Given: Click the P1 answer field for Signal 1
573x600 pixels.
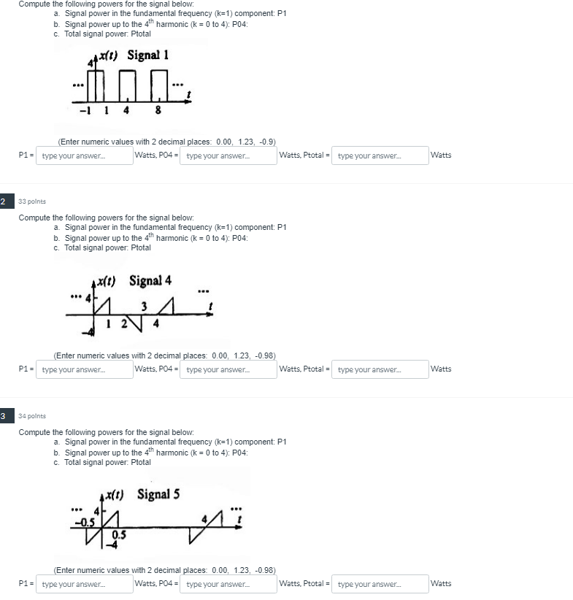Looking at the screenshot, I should tap(84, 155).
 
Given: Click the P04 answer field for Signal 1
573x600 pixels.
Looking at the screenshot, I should tap(228, 155).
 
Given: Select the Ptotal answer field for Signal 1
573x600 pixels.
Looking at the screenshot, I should tap(380, 155).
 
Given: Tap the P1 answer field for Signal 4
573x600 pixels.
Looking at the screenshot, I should tap(84, 369).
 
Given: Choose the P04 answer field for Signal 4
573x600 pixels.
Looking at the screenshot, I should tap(228, 369).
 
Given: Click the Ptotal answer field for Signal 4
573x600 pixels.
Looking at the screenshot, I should tap(380, 369).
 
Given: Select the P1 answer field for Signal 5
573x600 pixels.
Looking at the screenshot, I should tap(84, 584).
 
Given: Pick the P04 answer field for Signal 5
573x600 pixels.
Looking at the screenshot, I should tap(228, 584).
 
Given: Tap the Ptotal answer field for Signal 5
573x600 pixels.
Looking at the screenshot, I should tap(380, 584).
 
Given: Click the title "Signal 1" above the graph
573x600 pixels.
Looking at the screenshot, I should tap(148, 55).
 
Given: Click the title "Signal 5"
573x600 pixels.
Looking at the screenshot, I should tap(158, 494).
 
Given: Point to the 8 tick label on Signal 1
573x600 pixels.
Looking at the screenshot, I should tap(158, 112).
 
